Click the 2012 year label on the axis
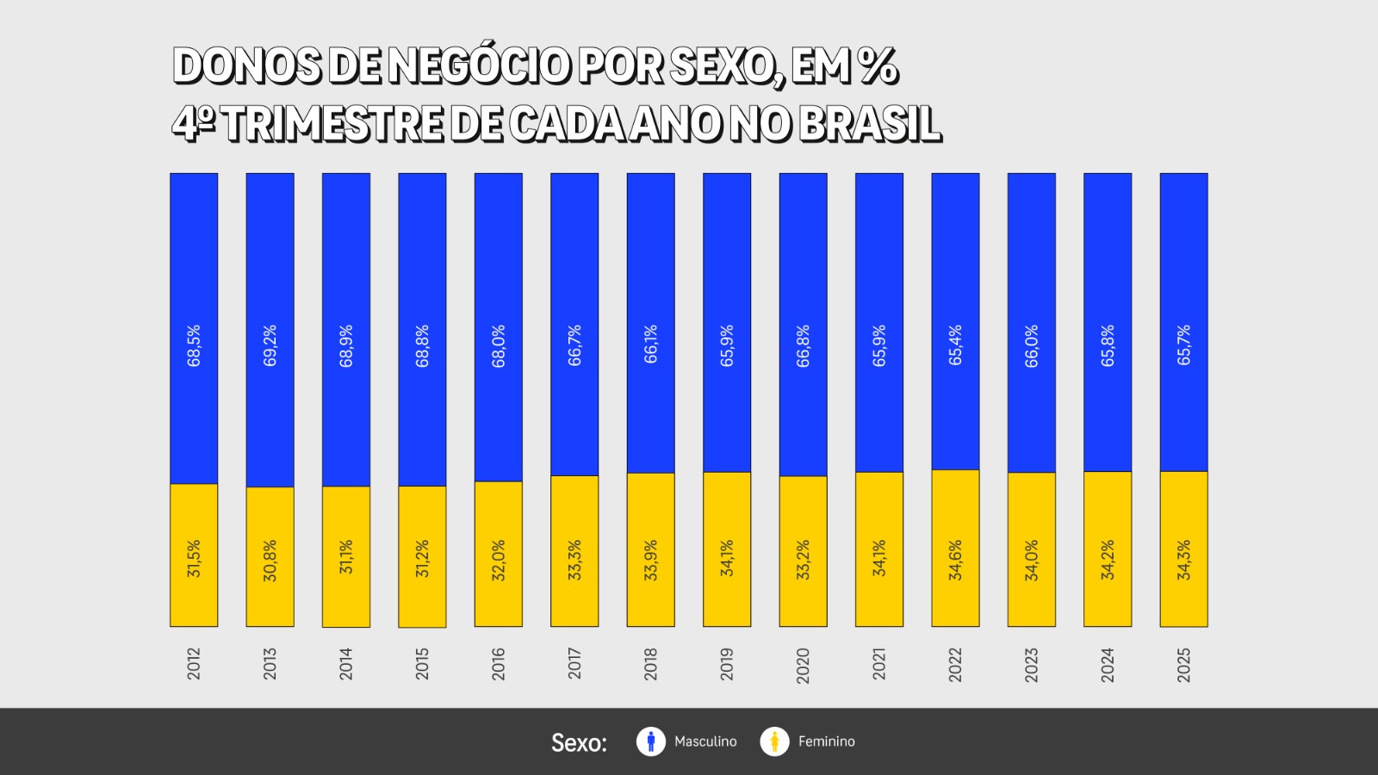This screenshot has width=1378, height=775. click(x=194, y=664)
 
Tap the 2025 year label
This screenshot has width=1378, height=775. click(x=1184, y=665)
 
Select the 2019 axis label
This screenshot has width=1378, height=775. click(x=727, y=665)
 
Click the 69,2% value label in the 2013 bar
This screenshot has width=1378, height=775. click(x=270, y=345)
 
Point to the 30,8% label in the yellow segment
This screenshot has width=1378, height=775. click(x=270, y=561)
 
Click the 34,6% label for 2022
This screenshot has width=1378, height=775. click(x=955, y=561)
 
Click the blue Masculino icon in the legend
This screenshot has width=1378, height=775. click(x=651, y=741)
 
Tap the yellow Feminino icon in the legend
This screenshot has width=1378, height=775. click(x=774, y=741)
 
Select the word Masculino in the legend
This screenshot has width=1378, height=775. click(x=705, y=741)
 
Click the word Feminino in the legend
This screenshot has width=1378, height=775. click(x=826, y=741)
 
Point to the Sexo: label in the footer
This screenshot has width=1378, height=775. click(x=579, y=742)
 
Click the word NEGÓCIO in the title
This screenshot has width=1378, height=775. click(x=479, y=66)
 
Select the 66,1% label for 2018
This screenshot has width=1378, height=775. click(x=651, y=344)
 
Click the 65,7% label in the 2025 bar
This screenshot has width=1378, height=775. click(x=1184, y=344)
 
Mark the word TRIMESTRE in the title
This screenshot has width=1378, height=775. click(x=334, y=124)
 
